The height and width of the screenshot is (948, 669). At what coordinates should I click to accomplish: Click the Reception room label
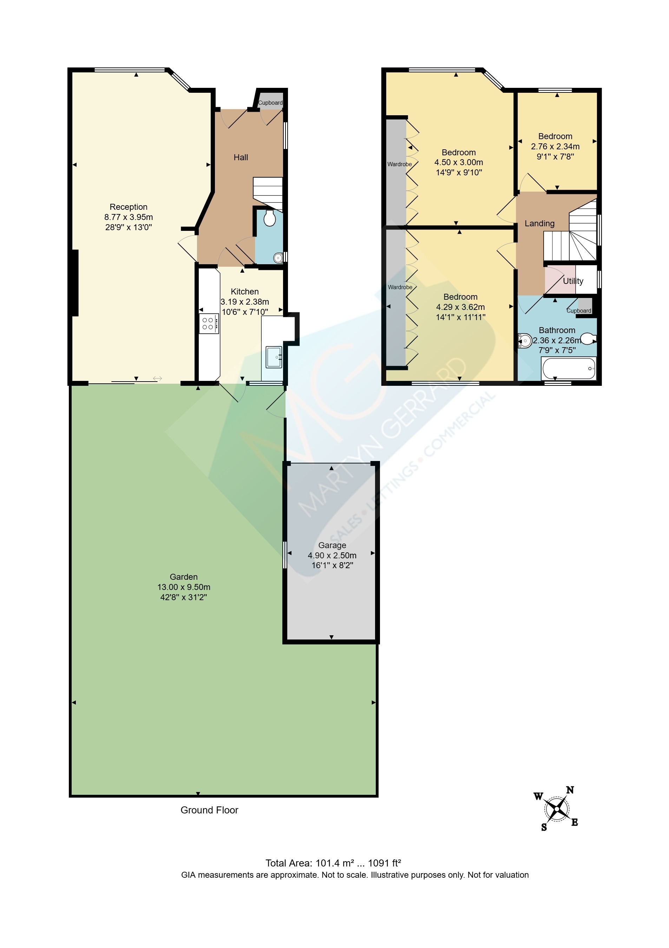tap(128, 207)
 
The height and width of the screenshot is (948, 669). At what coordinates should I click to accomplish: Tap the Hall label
tap(241, 157)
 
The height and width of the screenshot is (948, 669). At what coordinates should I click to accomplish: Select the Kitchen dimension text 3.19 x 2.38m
tap(245, 302)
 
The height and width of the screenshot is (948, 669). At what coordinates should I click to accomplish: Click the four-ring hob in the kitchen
tap(208, 324)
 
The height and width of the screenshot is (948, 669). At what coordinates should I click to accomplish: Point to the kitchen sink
tap(274, 357)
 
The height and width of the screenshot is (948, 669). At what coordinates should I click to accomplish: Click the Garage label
tap(332, 545)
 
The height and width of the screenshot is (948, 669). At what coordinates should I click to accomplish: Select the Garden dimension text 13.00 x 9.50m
tap(184, 587)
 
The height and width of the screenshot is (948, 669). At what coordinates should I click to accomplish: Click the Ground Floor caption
tap(209, 810)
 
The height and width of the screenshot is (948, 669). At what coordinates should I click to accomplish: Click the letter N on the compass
tap(570, 790)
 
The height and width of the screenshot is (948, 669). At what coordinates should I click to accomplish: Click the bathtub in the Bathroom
tap(569, 368)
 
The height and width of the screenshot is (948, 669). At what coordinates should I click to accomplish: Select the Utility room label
tap(573, 281)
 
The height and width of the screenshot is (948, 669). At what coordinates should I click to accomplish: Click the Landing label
tap(539, 223)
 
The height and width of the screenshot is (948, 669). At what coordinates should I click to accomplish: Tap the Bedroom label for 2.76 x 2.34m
tap(555, 136)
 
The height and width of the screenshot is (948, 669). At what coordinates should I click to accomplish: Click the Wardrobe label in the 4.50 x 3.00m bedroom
tap(400, 164)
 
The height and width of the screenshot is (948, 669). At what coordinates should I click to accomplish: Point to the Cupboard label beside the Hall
tap(270, 103)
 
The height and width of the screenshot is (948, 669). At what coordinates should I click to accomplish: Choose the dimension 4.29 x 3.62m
tap(461, 307)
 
